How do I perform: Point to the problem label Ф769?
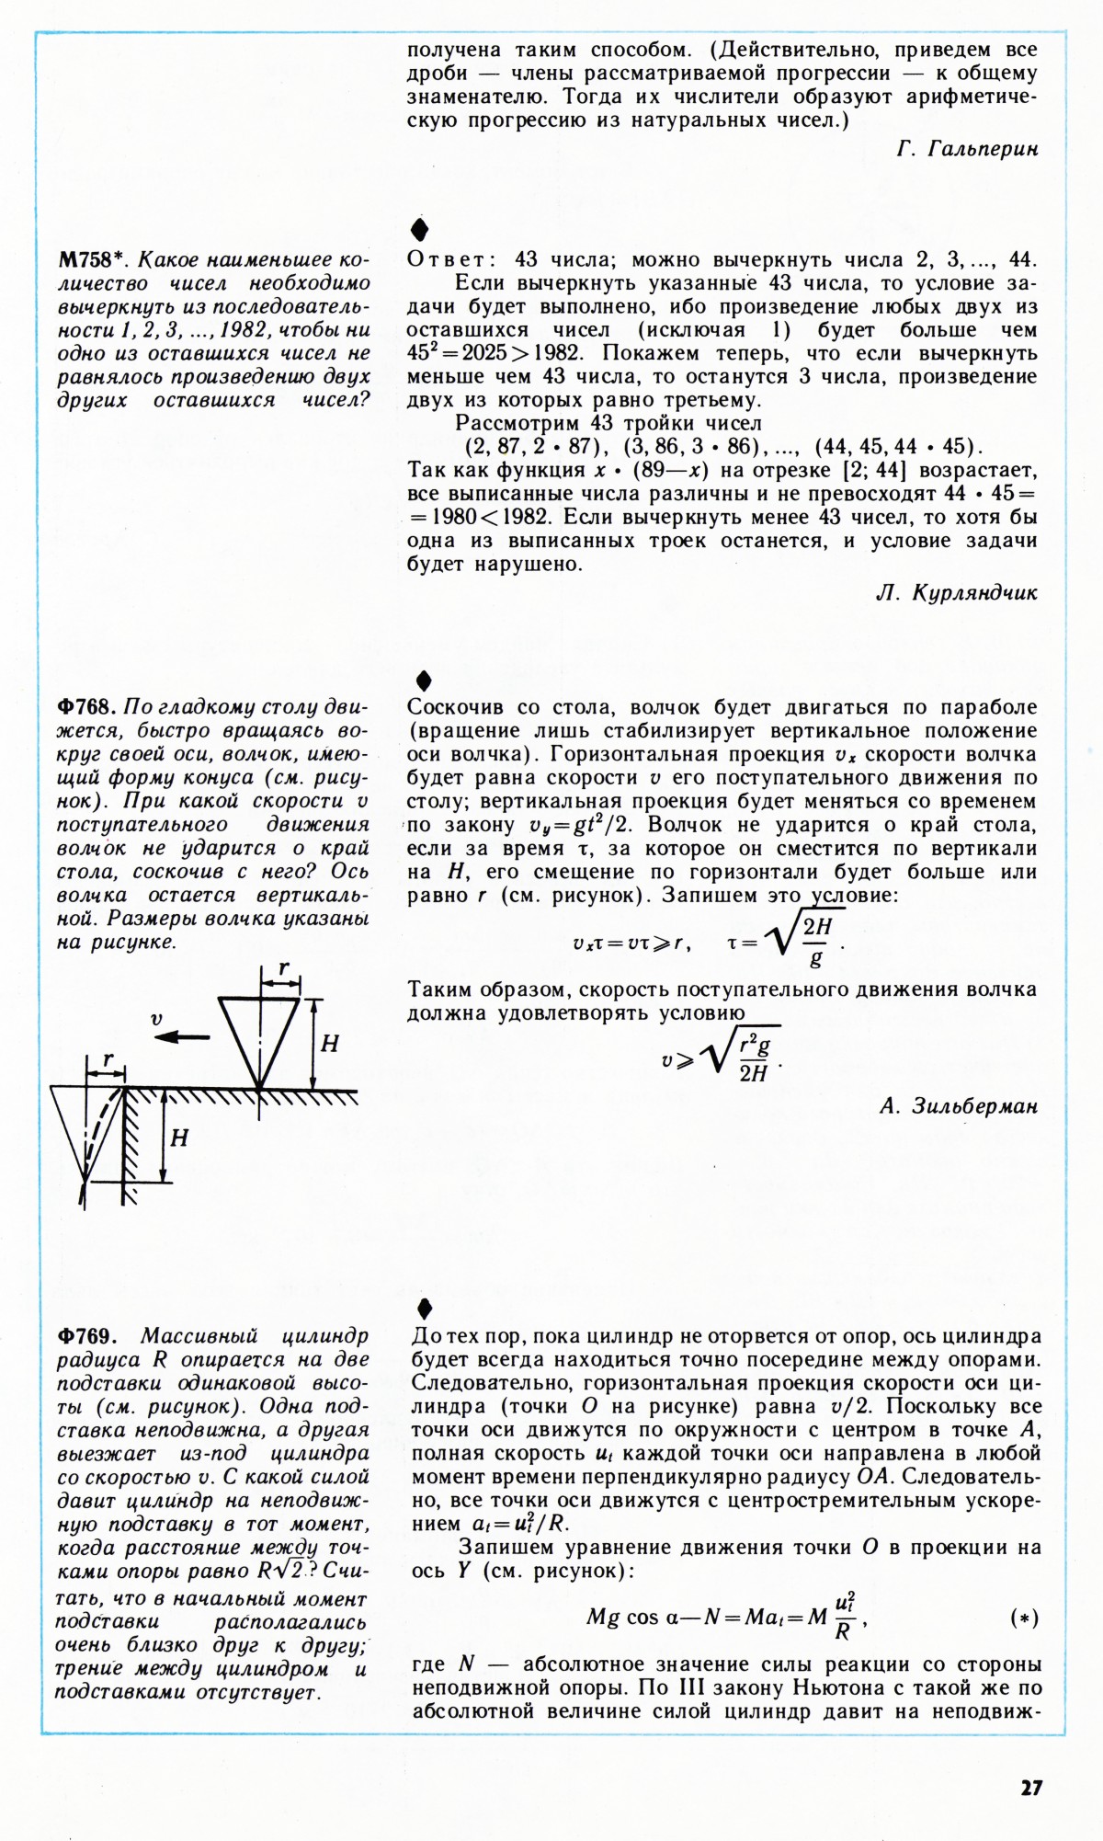[x=85, y=1335]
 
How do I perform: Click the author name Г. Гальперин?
[x=967, y=150]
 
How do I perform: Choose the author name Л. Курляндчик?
[x=957, y=593]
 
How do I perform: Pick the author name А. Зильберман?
[x=958, y=1106]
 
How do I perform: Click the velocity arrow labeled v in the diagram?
[x=181, y=1036]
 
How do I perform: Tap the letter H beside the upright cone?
[x=328, y=1044]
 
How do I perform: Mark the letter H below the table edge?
[x=179, y=1138]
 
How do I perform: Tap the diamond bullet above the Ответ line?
[x=420, y=229]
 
